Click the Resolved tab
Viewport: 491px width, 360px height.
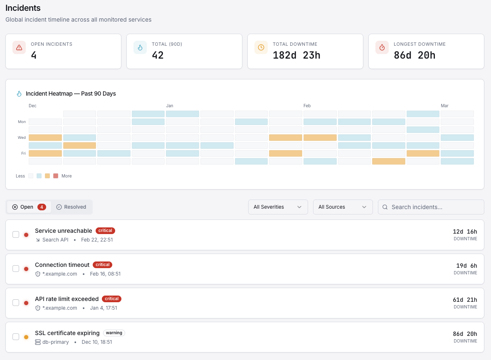coord(71,207)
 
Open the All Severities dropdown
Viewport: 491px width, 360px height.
coord(278,207)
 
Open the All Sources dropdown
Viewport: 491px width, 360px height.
coord(343,207)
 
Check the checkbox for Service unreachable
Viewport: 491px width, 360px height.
coord(16,234)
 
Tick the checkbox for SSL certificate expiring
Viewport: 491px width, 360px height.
coord(16,337)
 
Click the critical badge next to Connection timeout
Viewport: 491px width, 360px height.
coord(102,265)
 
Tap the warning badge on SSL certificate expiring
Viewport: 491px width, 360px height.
coord(114,333)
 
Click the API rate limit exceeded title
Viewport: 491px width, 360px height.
coord(67,299)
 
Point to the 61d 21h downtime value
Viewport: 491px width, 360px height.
coord(465,300)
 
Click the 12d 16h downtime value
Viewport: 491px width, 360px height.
coord(465,232)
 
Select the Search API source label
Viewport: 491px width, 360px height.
coord(55,240)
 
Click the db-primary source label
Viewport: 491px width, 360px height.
coord(55,342)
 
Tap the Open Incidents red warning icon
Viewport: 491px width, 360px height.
coord(19,47)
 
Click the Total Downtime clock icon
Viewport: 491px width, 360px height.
coord(261,47)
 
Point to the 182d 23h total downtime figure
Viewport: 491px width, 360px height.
coord(296,55)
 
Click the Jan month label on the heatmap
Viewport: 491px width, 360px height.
coord(170,106)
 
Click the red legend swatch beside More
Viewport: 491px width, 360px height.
coord(56,176)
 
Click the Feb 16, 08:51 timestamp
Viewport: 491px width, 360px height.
coord(105,274)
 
